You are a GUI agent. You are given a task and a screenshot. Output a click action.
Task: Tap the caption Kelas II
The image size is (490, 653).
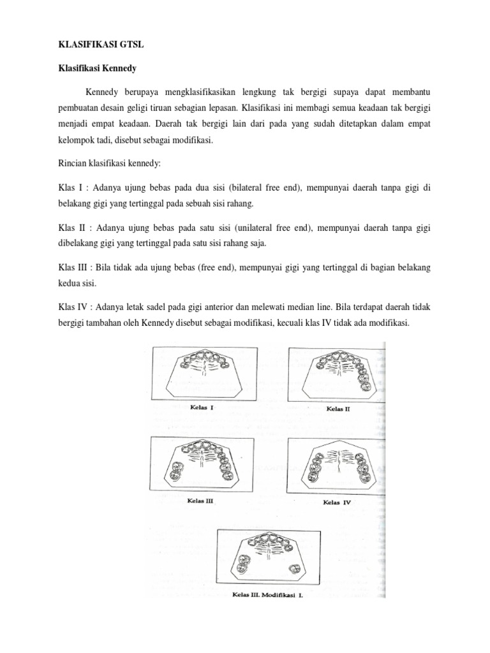click(338, 408)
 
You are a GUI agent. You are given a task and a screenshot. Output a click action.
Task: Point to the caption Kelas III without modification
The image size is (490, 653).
click(200, 500)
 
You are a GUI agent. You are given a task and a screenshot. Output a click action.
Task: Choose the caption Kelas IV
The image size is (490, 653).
click(338, 502)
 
